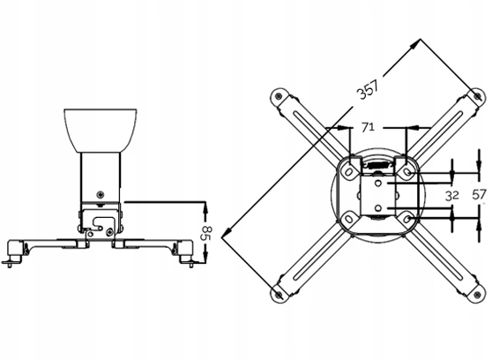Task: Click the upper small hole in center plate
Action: [378, 184]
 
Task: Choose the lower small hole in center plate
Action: [378, 208]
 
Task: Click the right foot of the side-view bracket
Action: [187, 259]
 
